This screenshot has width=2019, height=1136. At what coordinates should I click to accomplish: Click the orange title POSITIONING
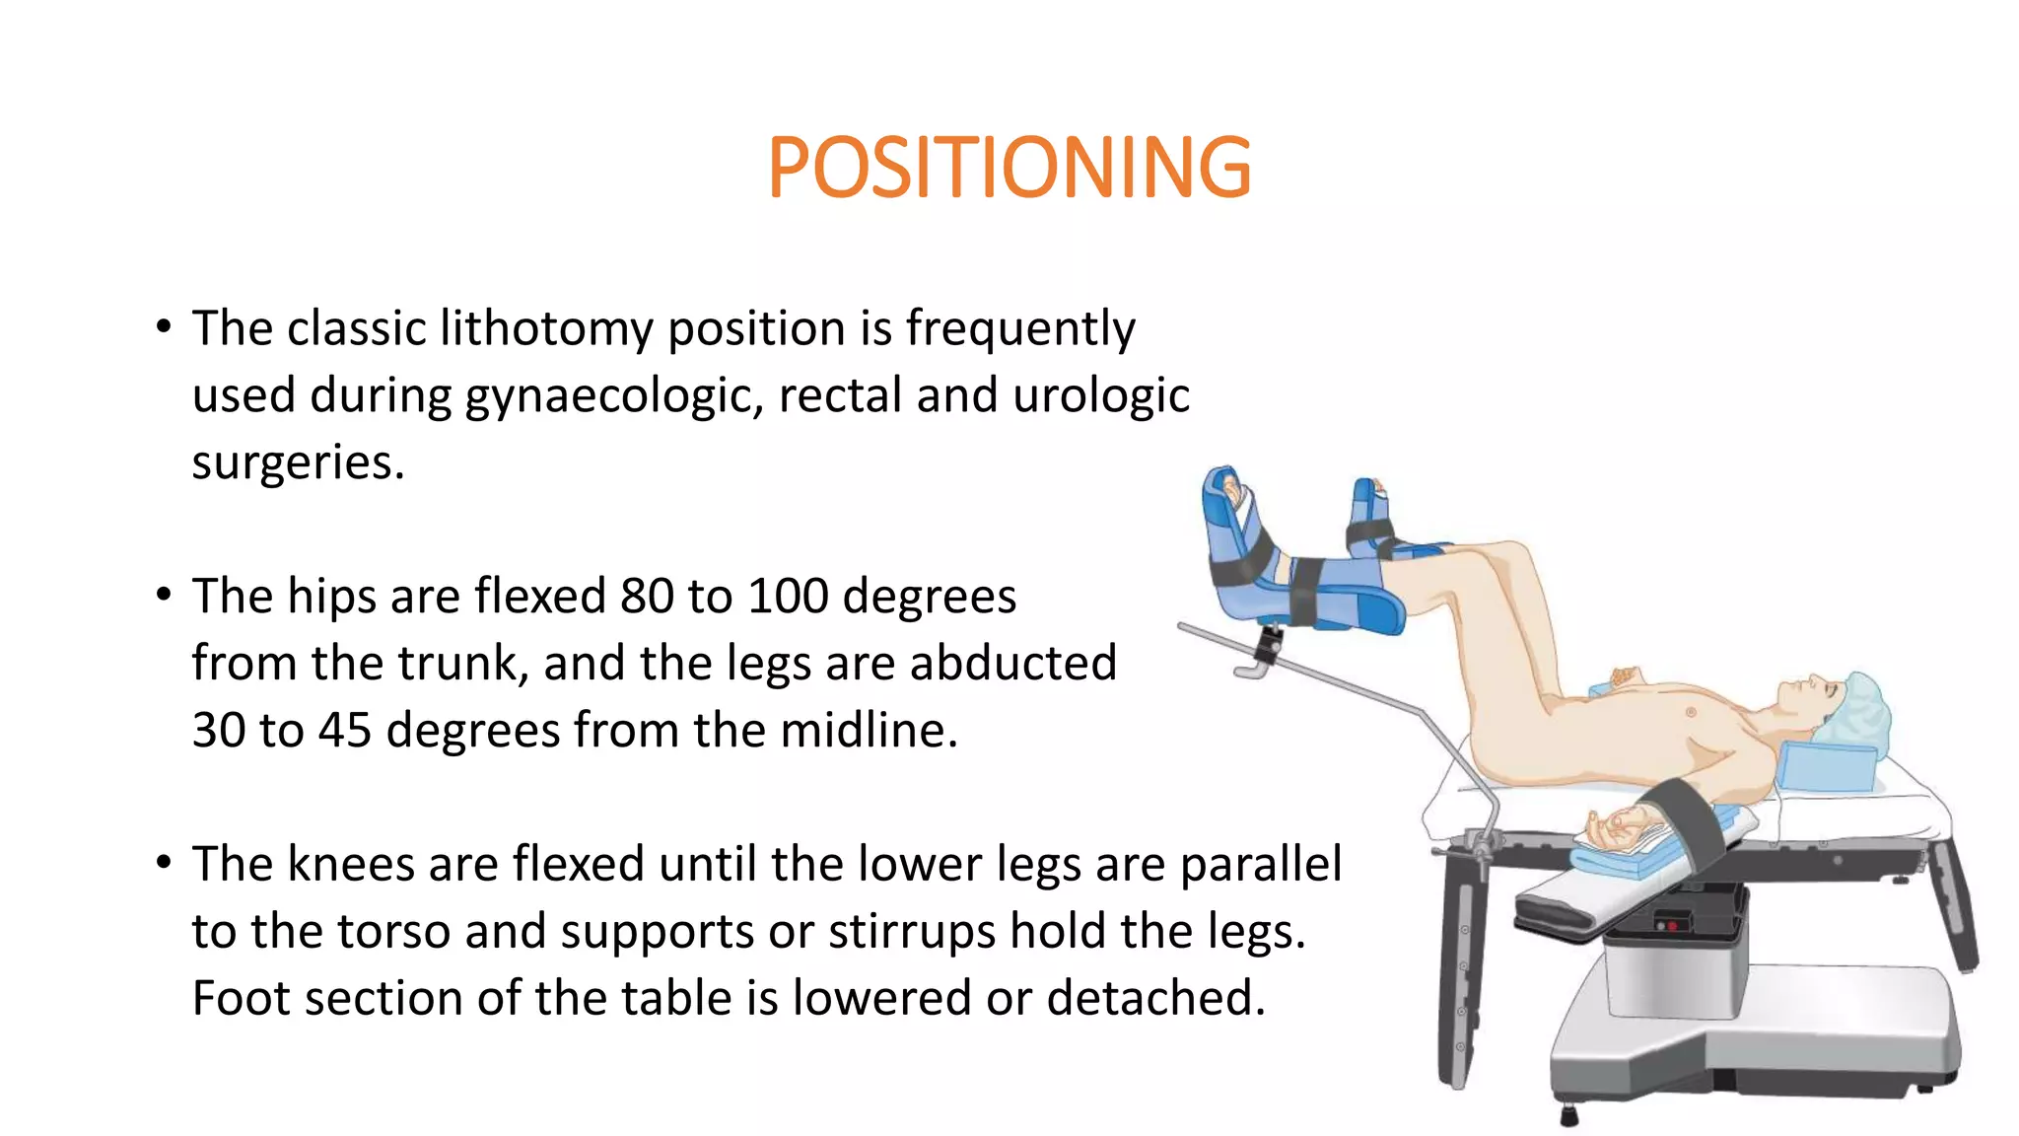(x=1009, y=169)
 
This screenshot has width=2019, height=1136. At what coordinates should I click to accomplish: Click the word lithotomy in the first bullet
(x=545, y=329)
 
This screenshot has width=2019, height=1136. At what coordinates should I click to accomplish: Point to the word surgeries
(x=297, y=463)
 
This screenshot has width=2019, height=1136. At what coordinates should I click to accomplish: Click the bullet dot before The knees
(x=164, y=863)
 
